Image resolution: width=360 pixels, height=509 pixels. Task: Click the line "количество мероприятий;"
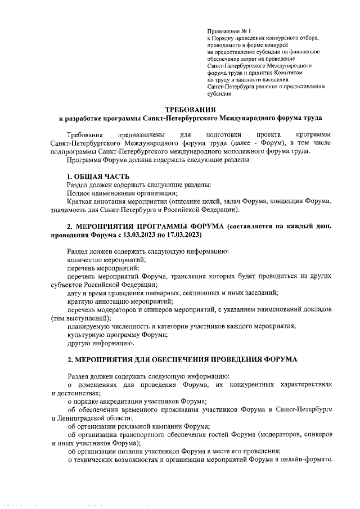(106, 260)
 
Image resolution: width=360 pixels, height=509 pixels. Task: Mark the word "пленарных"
(158, 293)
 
